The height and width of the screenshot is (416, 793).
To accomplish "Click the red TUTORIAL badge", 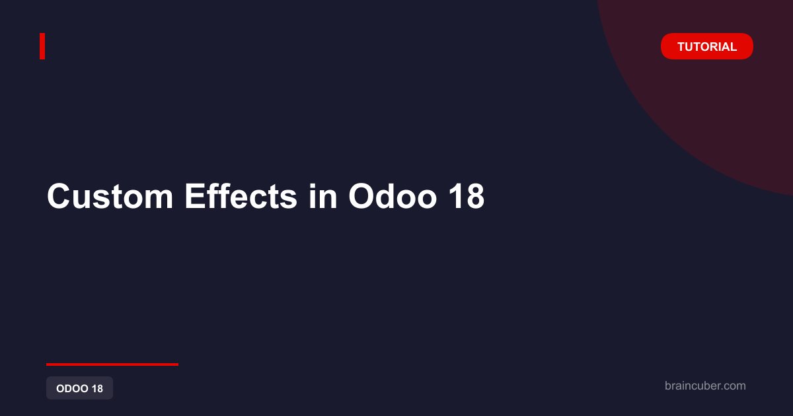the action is tap(706, 46).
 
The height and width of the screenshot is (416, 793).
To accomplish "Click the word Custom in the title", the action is tap(110, 196).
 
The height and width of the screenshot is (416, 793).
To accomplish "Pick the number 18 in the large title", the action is tap(467, 196).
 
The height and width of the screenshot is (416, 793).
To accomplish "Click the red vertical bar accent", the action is tap(42, 46).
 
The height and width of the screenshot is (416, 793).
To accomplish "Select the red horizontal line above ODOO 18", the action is tap(112, 364).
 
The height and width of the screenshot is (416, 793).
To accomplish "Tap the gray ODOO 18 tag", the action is tap(80, 388).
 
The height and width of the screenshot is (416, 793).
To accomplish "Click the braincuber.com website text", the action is tap(705, 386).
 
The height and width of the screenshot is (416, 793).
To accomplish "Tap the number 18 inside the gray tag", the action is tap(97, 388).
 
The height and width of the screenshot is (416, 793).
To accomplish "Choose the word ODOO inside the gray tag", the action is tap(72, 388).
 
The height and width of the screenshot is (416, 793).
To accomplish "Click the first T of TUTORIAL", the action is tap(682, 47).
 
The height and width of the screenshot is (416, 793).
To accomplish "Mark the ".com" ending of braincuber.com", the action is tap(732, 386).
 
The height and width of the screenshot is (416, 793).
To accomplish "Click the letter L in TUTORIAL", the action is tap(733, 47).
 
